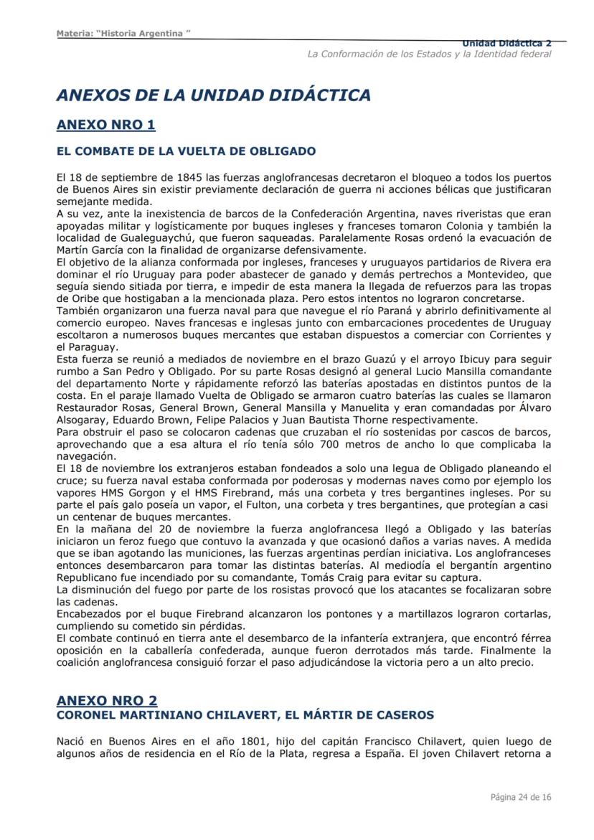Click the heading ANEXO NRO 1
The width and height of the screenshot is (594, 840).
(105, 125)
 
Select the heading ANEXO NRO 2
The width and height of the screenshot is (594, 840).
(107, 699)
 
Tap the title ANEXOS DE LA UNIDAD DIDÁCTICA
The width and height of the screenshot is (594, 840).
(213, 95)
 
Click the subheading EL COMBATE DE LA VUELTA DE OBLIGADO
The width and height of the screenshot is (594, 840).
(186, 151)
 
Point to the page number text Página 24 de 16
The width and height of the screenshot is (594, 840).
(521, 797)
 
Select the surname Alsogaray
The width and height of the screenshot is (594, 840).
(82, 418)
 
